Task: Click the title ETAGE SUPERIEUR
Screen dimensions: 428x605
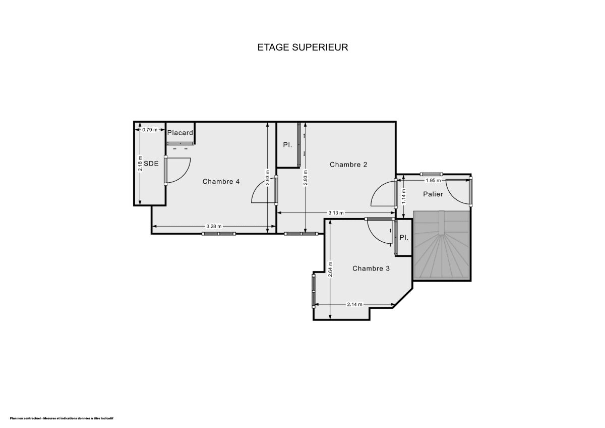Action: pyautogui.click(x=302, y=47)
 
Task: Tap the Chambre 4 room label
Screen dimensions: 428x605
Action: pyautogui.click(x=221, y=182)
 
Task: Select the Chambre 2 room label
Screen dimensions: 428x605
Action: pyautogui.click(x=348, y=165)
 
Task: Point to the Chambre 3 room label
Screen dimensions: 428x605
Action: pyautogui.click(x=371, y=269)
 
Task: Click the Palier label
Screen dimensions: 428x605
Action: pyautogui.click(x=433, y=194)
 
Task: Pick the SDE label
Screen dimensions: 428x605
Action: pyautogui.click(x=151, y=164)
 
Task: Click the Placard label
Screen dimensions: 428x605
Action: pyautogui.click(x=180, y=133)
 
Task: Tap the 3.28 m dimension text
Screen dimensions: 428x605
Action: pyautogui.click(x=214, y=226)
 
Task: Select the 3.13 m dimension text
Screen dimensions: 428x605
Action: pyautogui.click(x=336, y=213)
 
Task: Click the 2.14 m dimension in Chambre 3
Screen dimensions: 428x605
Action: pyautogui.click(x=355, y=304)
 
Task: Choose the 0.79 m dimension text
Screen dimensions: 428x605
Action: pyautogui.click(x=150, y=130)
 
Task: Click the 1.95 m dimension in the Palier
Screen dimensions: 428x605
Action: pyautogui.click(x=433, y=180)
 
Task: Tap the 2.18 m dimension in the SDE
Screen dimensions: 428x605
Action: pyautogui.click(x=141, y=164)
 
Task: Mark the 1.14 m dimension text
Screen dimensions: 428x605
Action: pyautogui.click(x=403, y=196)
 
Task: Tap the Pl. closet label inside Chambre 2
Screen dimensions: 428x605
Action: pyautogui.click(x=287, y=145)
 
